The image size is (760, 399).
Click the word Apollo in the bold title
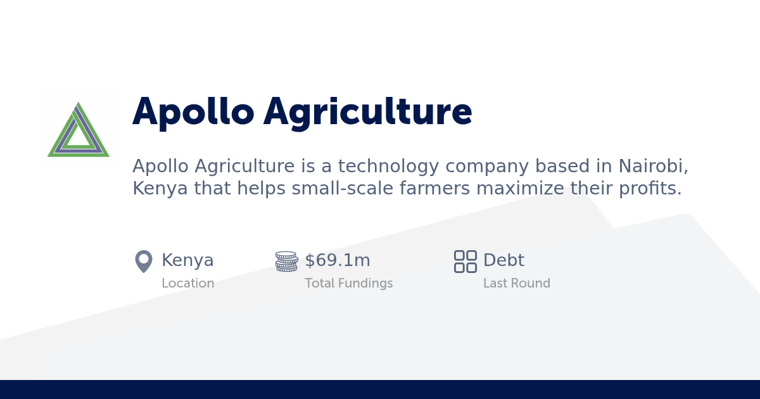click(x=193, y=113)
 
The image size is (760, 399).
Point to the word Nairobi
click(x=652, y=167)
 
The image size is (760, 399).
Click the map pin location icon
click(x=144, y=261)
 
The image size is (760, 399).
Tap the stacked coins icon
click(x=286, y=262)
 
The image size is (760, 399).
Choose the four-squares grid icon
click(x=465, y=262)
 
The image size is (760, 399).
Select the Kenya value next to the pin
click(x=187, y=260)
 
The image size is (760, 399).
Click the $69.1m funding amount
click(x=338, y=260)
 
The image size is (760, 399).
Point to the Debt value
click(x=503, y=260)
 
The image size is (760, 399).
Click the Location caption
click(x=187, y=284)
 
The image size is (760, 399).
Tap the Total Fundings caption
click(x=348, y=284)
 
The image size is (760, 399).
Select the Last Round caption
click(x=516, y=284)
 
